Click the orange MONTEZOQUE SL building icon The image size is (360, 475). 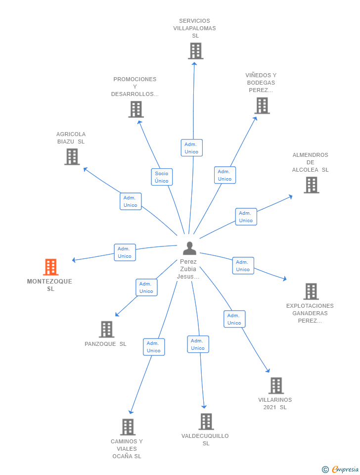click(50, 267)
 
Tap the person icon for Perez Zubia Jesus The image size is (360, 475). click(189, 248)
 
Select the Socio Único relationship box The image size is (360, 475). click(162, 177)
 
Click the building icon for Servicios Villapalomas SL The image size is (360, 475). click(196, 51)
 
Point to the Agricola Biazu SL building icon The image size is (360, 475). click(72, 157)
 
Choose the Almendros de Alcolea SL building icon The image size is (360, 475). click(312, 185)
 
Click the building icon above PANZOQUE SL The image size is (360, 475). click(107, 330)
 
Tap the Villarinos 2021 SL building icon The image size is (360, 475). click(276, 385)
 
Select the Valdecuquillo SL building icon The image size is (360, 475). click(206, 422)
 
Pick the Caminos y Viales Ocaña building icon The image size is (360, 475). click(128, 427)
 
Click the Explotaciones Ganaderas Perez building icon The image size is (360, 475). click(311, 291)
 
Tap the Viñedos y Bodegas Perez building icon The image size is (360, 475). click(262, 105)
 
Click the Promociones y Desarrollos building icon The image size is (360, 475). click(136, 109)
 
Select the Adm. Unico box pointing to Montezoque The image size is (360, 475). click(125, 252)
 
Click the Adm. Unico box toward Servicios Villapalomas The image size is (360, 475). click(192, 148)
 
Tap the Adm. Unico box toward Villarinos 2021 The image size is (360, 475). click(234, 319)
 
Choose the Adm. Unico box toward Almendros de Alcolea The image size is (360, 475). click(246, 217)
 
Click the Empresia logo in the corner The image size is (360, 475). click(340, 469)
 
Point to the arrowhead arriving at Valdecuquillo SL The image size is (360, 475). click(204, 407)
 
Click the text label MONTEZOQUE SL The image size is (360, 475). click(50, 285)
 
